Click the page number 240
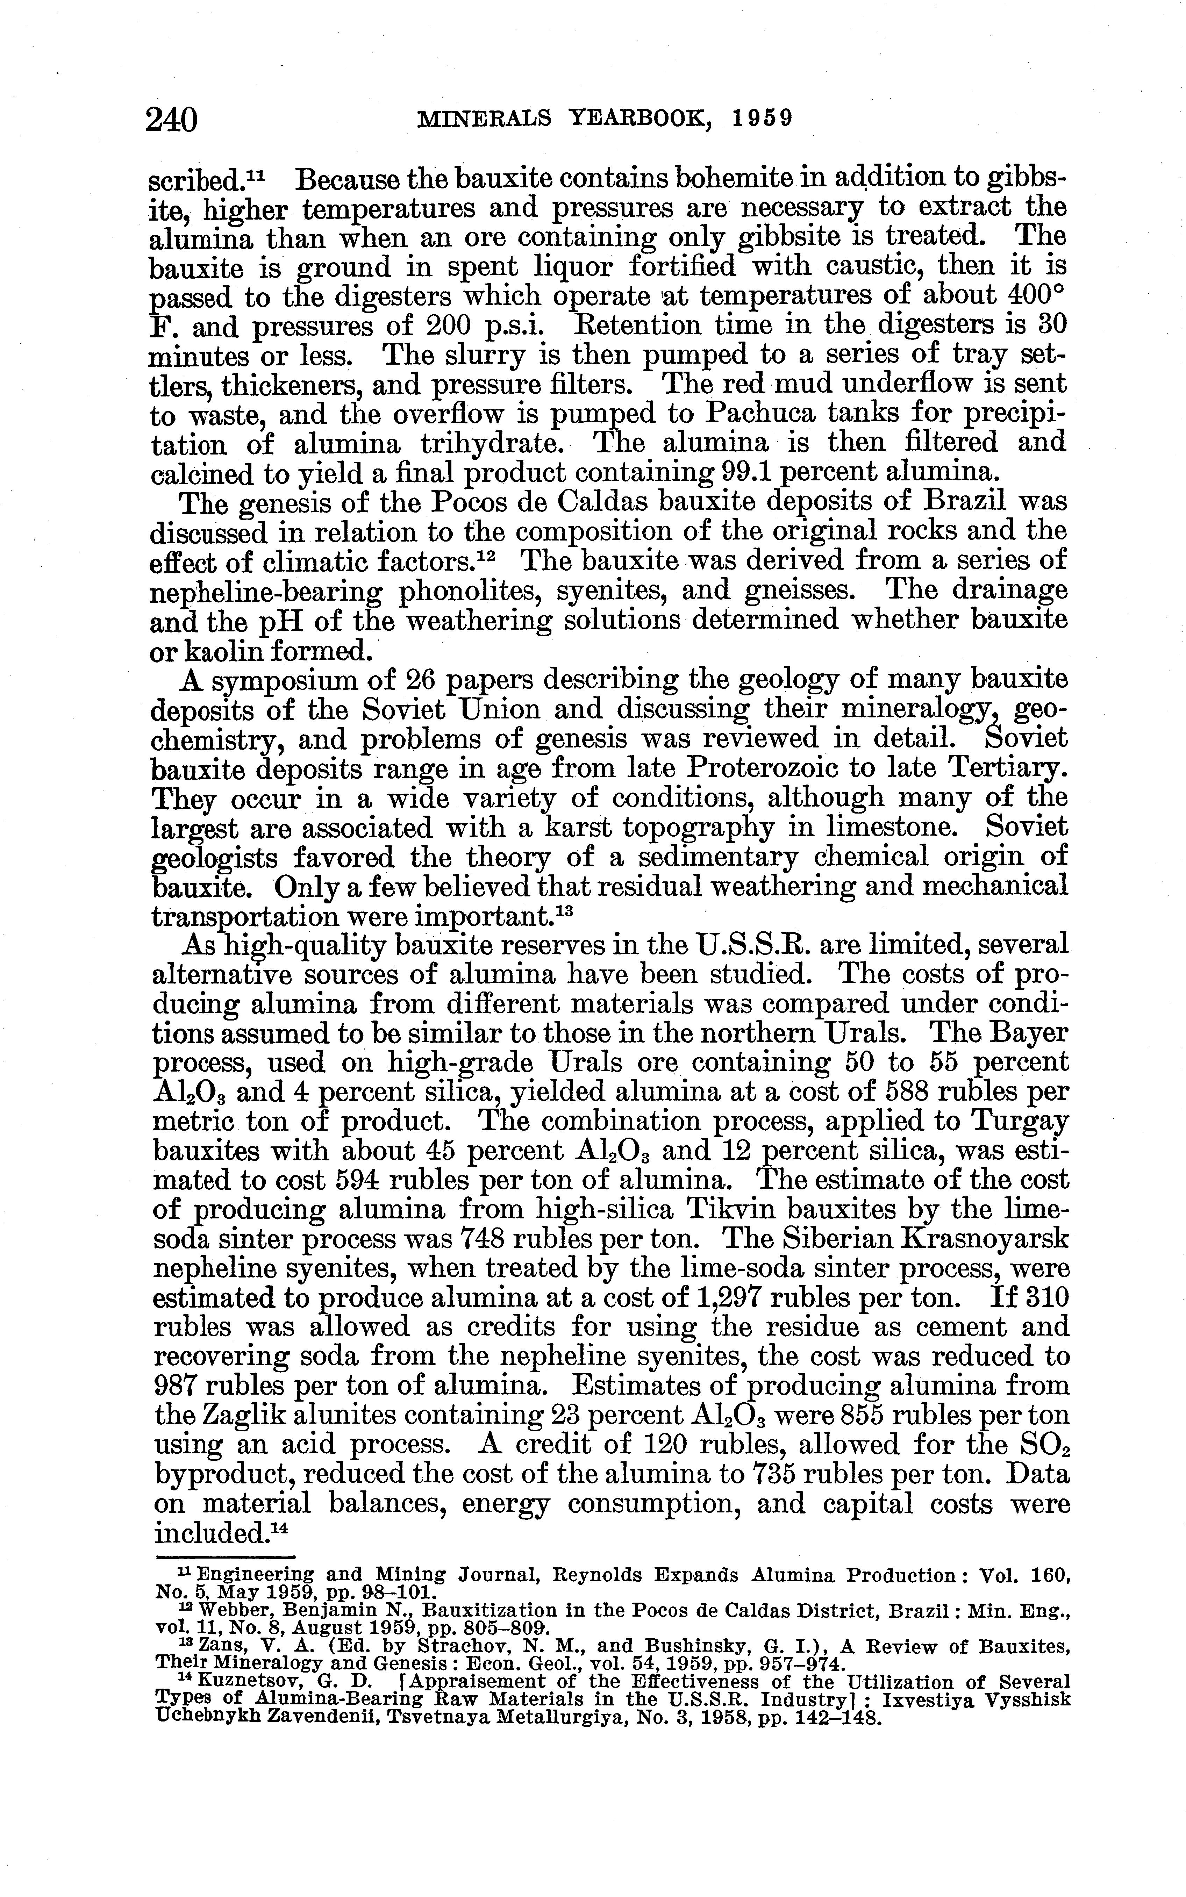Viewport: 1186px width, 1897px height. [172, 120]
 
